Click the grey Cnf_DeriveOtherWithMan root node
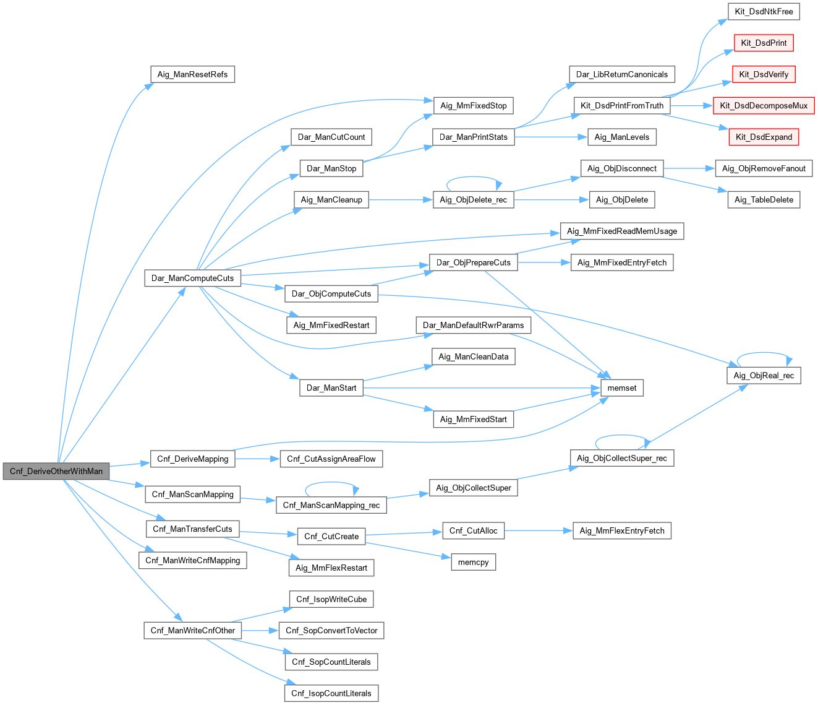click(x=56, y=471)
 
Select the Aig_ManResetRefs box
click(x=192, y=74)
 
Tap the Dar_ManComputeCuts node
click(x=192, y=278)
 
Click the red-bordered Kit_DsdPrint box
click(x=764, y=43)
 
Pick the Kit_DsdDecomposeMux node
click(x=764, y=106)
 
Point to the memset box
click(x=622, y=388)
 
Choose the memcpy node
click(x=474, y=562)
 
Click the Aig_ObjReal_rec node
click(x=764, y=375)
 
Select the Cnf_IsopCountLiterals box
click(x=331, y=693)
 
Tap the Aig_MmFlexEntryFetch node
click(x=622, y=530)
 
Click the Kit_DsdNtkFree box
click(x=764, y=11)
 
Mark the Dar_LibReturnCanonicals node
click(x=622, y=74)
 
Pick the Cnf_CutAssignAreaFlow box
click(x=331, y=459)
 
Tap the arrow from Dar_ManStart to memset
click(x=482, y=388)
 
